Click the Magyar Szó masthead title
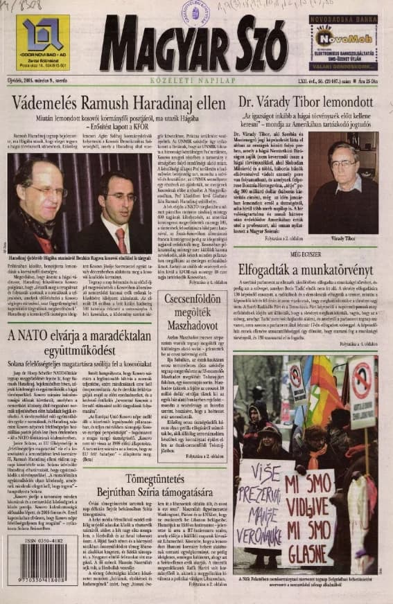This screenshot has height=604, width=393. pyautogui.click(x=195, y=43)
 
